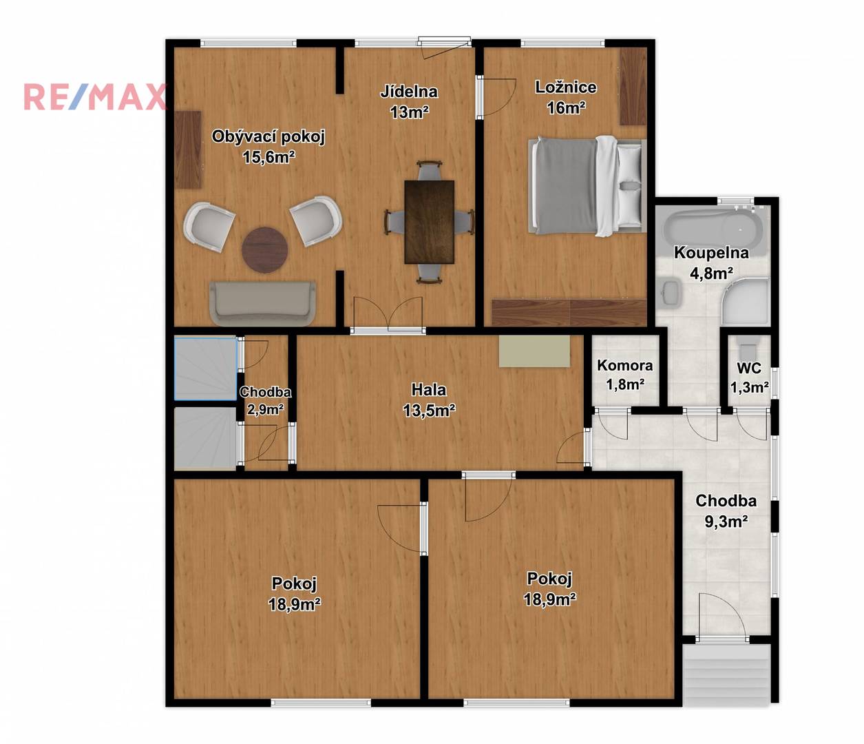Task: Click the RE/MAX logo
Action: pos(95,96)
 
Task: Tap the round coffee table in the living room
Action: pos(265,249)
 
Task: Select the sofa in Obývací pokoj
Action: pos(262,304)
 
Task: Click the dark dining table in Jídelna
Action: pos(430,222)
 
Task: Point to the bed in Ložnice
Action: pos(587,185)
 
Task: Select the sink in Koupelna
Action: pos(670,292)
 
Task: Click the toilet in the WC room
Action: pos(748,348)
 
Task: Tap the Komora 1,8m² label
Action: pos(624,374)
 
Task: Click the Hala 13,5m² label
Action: pos(429,400)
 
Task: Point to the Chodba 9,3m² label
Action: pos(726,510)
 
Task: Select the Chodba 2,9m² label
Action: pos(266,401)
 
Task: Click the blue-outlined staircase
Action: pos(205,369)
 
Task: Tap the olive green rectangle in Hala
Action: pos(534,351)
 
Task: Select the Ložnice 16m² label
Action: pos(566,97)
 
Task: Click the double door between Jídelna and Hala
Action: pos(388,313)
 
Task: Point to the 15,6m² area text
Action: pos(268,157)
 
